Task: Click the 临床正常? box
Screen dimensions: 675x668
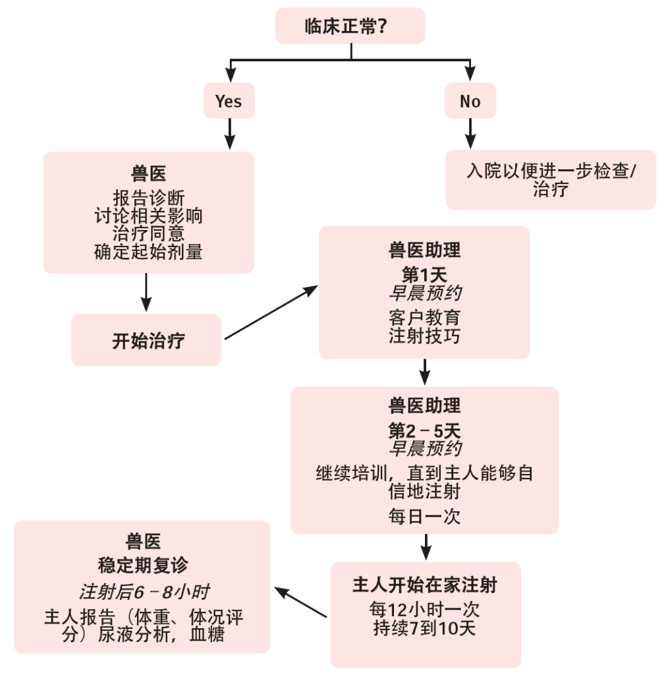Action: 350,26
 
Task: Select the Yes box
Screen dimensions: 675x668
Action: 229,102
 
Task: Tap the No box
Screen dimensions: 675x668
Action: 470,102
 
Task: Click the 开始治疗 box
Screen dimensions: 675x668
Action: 146,340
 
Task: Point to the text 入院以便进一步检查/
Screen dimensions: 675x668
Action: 551,171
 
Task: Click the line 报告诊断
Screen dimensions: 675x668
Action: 148,197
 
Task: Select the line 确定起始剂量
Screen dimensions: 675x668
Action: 148,252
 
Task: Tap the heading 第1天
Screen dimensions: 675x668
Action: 424,274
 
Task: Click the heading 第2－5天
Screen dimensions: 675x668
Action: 424,430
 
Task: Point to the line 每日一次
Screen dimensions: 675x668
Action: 424,516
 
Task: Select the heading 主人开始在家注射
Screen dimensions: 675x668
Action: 425,585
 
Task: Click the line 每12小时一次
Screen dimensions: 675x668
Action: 425,609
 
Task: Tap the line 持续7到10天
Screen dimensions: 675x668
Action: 425,628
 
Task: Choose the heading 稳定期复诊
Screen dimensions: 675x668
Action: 142,566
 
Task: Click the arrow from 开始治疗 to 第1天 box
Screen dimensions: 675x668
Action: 270,313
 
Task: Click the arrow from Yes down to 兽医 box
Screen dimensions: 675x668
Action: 229,134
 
